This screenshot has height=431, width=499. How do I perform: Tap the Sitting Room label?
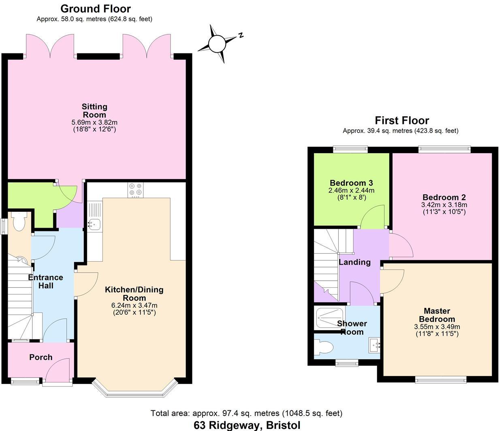(x=94, y=111)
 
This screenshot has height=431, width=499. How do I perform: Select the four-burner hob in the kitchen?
(x=135, y=190)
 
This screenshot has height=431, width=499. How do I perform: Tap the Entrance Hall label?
(x=45, y=282)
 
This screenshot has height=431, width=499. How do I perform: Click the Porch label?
(x=41, y=357)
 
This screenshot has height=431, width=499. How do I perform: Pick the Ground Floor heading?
(x=96, y=9)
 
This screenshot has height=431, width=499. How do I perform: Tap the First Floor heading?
(x=401, y=120)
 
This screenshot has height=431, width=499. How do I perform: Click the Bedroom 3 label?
(x=351, y=183)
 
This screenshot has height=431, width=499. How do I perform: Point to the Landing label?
(x=354, y=262)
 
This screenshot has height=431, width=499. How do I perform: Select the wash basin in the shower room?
(x=374, y=346)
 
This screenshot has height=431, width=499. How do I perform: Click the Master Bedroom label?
(x=437, y=315)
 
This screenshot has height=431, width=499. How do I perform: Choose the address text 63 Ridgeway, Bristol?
(x=247, y=425)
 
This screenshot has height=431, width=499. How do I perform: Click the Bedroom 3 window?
(x=350, y=149)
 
